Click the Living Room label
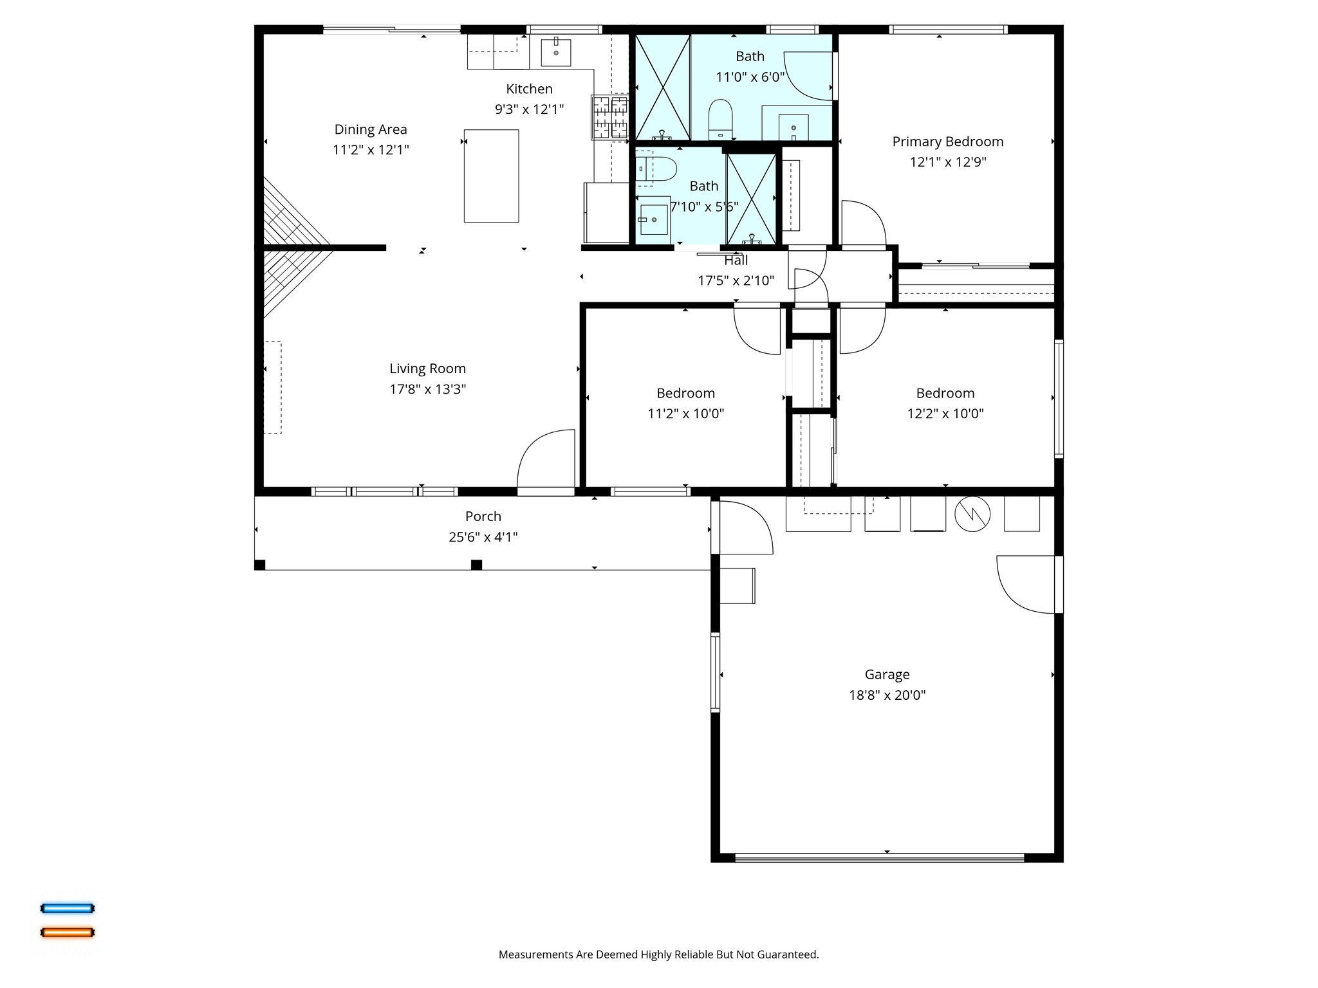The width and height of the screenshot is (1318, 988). click(427, 369)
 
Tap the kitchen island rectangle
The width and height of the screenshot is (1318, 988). click(491, 176)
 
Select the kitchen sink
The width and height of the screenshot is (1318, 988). click(555, 52)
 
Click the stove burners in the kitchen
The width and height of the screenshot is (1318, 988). click(609, 116)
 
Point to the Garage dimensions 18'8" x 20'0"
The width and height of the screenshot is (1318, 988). click(887, 695)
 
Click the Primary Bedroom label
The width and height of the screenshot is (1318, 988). click(947, 142)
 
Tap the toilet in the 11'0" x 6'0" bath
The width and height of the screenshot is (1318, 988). click(720, 118)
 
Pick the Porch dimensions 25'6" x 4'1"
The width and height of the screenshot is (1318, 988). click(483, 537)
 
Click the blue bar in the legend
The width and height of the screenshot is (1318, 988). click(68, 908)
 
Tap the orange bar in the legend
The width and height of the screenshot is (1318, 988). click(68, 932)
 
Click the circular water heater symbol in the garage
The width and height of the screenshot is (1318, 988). click(972, 513)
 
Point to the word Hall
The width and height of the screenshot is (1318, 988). click(736, 261)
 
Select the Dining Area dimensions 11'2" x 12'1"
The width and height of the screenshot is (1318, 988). click(371, 150)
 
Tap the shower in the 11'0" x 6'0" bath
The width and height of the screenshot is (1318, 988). click(662, 87)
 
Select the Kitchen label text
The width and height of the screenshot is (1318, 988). click(529, 89)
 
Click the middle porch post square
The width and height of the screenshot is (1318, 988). click(476, 565)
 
